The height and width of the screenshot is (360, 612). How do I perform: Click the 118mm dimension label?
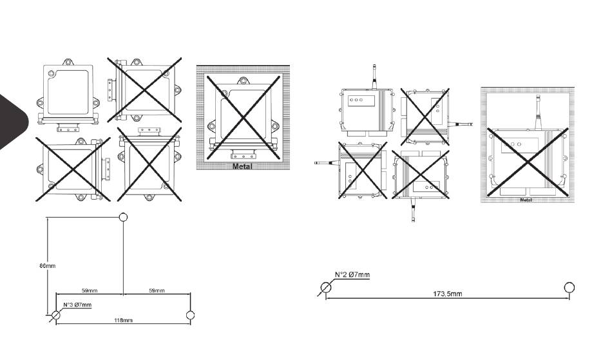[x=123, y=321]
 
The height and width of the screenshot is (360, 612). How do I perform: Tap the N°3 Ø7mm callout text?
[x=77, y=305]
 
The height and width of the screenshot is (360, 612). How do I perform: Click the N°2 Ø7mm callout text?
[x=352, y=275]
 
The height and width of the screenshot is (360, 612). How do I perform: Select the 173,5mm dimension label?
[x=448, y=294]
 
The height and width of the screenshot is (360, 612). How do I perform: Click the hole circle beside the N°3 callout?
[x=56, y=315]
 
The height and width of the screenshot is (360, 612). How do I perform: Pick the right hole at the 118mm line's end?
[x=189, y=315]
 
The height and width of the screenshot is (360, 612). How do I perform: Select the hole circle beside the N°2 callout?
[x=327, y=287]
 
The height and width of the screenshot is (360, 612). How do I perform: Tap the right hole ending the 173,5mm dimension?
[x=569, y=287]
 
